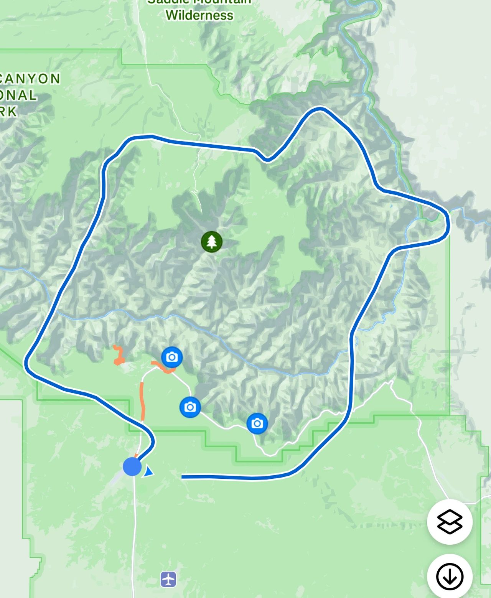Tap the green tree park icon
tap(211, 242)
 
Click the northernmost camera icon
tap(172, 357)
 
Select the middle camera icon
tap(190, 407)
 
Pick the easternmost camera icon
tap(257, 423)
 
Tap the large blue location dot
tap(132, 466)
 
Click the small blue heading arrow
tap(148, 472)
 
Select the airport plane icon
tap(168, 579)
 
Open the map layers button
tap(450, 522)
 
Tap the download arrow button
tap(450, 577)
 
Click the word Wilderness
tap(199, 15)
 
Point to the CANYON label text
tap(31, 79)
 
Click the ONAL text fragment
tap(18, 95)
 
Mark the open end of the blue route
tap(183, 477)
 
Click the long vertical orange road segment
tap(143, 401)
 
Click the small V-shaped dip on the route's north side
tap(267, 160)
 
